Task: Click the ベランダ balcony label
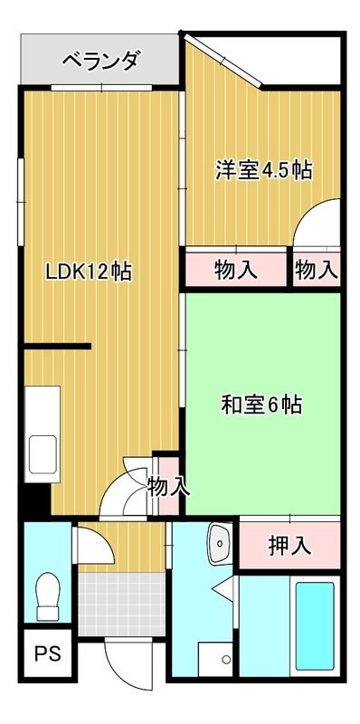click(x=99, y=61)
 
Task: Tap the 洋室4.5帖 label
click(x=263, y=169)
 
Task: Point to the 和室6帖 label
click(x=261, y=405)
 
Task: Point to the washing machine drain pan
click(x=216, y=657)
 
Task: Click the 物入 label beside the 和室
click(x=168, y=487)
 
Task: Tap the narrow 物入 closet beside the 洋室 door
click(x=317, y=269)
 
